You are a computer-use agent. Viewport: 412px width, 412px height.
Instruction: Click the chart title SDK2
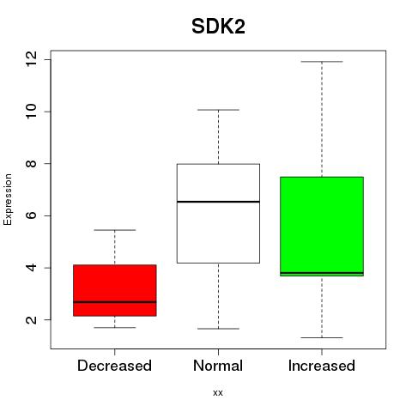coord(218,27)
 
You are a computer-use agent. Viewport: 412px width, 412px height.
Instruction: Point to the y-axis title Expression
coord(8,199)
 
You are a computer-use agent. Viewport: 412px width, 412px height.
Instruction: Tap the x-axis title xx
coord(218,392)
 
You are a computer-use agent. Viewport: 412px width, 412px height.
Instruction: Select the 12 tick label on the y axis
coord(31,59)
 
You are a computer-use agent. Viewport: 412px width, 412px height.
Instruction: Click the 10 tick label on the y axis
coord(31,112)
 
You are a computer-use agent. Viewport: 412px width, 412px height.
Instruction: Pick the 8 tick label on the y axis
coord(31,163)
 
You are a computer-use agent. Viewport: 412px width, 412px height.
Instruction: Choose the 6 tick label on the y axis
coord(31,215)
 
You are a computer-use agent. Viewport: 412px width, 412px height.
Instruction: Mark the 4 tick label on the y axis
coord(31,268)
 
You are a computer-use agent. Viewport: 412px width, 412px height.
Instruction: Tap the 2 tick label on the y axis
coord(31,319)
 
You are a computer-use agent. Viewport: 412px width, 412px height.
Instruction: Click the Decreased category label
coord(114,366)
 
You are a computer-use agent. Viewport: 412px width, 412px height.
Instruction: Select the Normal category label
coord(218,366)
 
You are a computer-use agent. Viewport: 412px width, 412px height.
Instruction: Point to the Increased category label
coord(322,366)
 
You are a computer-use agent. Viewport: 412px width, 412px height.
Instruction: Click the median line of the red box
coord(115,302)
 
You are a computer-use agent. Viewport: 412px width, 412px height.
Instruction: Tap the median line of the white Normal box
coord(218,202)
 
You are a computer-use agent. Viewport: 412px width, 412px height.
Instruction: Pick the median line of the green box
coord(322,273)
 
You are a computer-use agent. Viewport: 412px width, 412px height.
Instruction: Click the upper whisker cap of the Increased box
coord(322,62)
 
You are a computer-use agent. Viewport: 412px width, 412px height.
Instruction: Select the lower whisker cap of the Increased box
coord(322,337)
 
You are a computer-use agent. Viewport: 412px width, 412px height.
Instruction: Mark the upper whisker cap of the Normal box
coord(218,110)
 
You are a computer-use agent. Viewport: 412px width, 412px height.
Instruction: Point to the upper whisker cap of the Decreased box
coord(115,230)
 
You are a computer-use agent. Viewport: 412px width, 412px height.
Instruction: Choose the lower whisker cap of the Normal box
coord(218,329)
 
